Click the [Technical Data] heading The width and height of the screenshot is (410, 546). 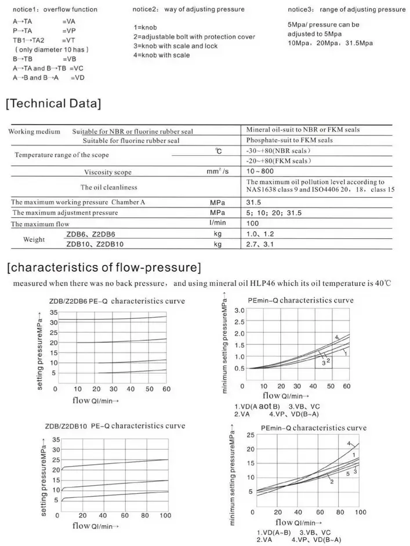click(53, 104)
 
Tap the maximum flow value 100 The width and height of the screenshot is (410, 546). click(253, 223)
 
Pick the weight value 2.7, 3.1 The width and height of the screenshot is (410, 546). click(260, 244)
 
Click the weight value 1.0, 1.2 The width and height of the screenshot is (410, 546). click(260, 234)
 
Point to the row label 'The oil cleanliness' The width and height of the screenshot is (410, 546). click(108, 187)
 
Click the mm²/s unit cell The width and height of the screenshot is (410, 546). click(217, 172)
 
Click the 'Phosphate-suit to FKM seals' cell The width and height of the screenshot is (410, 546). click(289, 140)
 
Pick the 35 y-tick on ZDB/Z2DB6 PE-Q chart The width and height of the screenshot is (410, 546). click(54, 312)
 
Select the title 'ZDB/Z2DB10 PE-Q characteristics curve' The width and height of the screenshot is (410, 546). click(115, 426)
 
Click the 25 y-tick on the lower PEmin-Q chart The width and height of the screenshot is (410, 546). click(251, 435)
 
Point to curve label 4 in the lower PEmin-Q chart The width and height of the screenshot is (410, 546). click(349, 444)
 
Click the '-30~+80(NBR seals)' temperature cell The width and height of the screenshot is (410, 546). click(280, 151)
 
